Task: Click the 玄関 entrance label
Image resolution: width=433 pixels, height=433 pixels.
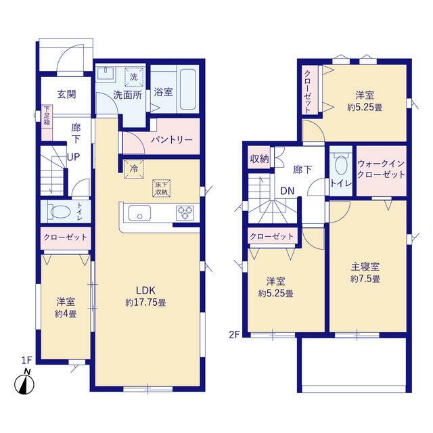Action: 66,95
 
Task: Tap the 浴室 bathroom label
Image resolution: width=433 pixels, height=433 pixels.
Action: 163,92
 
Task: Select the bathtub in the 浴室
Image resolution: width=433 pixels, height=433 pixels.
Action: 188,89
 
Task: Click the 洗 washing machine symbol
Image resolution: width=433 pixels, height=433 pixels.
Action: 134,76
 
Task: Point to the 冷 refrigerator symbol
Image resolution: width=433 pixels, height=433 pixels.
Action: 134,168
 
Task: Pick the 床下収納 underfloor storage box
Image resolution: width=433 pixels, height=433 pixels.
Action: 162,189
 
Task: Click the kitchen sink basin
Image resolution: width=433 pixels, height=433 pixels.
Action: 139,213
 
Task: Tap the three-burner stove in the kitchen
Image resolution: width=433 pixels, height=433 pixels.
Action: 185,213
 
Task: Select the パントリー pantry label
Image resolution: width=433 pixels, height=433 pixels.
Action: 171,140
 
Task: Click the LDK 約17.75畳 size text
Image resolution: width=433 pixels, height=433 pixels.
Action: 146,302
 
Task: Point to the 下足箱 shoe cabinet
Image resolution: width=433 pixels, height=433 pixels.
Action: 47,122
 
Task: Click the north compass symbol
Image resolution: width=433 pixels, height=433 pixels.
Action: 24,382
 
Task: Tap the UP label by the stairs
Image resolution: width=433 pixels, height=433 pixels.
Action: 74,157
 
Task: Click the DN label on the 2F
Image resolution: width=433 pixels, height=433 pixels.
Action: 287,191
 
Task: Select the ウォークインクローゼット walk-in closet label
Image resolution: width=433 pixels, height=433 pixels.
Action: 381,169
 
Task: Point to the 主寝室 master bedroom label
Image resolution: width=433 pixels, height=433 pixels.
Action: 365,267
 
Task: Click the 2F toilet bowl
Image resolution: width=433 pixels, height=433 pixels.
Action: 341,165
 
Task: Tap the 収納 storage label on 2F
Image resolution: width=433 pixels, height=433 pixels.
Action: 259,159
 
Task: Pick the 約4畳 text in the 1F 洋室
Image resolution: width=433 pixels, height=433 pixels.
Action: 66,314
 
